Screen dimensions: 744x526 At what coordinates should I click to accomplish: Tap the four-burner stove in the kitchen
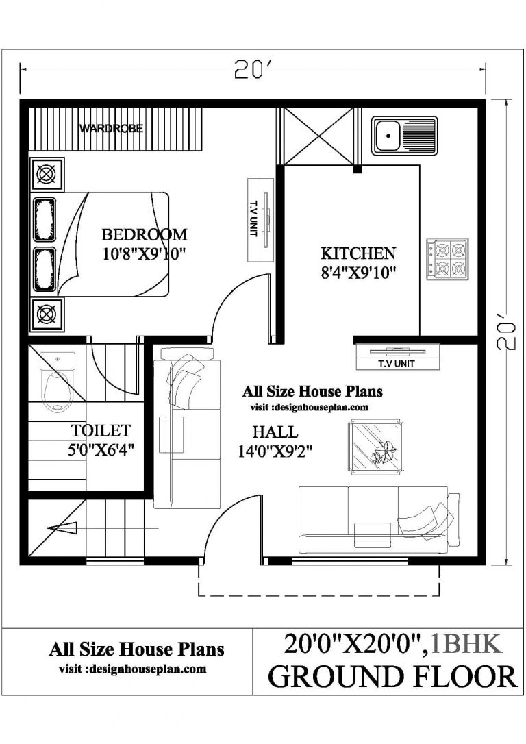[x=447, y=259]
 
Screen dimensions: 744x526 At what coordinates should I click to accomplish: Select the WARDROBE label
[x=111, y=128]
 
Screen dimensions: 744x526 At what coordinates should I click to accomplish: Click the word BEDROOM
[x=144, y=234]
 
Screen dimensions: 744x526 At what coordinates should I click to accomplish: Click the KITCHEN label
[x=358, y=253]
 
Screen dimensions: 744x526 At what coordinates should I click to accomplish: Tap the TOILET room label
[x=101, y=431]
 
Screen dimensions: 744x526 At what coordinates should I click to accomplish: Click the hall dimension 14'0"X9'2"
[x=275, y=451]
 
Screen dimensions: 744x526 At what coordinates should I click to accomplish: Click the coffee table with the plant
[x=374, y=447]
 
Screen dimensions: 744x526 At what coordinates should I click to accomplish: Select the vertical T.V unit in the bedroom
[x=260, y=219]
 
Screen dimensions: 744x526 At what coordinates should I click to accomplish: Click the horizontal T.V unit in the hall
[x=397, y=356]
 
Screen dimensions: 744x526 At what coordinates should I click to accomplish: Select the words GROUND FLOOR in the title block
[x=392, y=675]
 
